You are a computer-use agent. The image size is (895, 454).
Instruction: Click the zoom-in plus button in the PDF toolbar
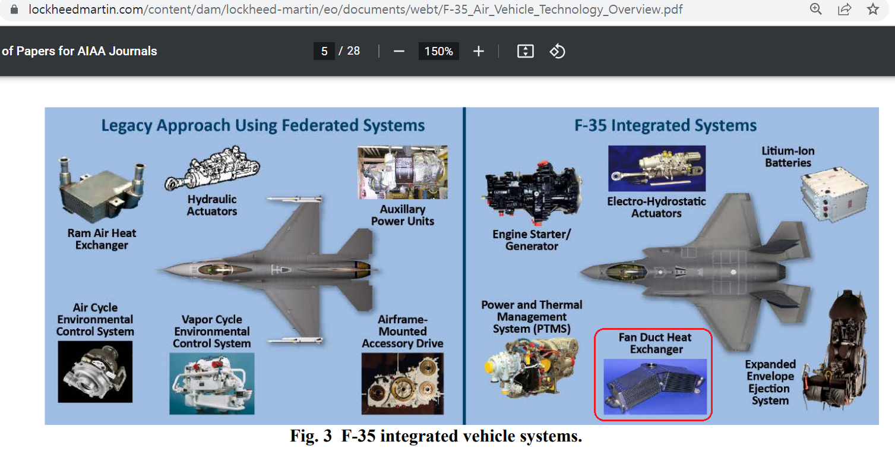(478, 51)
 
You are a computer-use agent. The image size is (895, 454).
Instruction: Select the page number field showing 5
(324, 51)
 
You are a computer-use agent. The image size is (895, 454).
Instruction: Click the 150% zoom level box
(438, 51)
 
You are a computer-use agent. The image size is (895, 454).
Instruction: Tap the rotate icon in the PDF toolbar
(557, 51)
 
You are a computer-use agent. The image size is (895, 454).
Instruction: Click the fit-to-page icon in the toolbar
(525, 51)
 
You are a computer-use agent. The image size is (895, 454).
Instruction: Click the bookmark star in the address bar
(872, 9)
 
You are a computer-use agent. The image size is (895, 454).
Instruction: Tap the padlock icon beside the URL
(14, 9)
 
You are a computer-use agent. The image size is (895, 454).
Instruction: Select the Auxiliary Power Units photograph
(402, 172)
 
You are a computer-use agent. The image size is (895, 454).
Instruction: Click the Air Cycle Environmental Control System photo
(95, 371)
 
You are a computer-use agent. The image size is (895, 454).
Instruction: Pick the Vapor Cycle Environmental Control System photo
(212, 384)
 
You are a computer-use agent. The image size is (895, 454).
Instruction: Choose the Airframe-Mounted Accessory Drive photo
(402, 384)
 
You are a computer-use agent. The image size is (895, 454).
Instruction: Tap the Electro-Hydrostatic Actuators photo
(657, 168)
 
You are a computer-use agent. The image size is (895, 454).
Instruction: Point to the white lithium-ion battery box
(834, 194)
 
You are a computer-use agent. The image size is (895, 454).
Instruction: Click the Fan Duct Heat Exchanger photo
(655, 386)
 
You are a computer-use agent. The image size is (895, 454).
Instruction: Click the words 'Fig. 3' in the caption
(311, 436)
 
